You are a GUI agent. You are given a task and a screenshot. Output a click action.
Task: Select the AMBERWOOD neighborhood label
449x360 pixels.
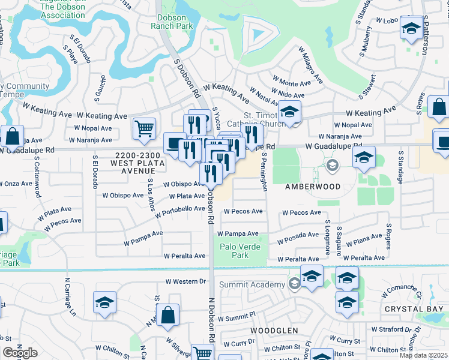(x=312, y=187)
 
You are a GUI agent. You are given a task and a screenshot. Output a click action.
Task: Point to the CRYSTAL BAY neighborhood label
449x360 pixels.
(x=413, y=309)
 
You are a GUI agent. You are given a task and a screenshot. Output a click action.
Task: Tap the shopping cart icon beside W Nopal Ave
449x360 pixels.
(x=144, y=128)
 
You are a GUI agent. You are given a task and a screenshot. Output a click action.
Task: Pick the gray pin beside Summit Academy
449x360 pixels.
(x=294, y=284)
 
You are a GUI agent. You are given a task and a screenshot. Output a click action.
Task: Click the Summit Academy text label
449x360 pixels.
(x=252, y=284)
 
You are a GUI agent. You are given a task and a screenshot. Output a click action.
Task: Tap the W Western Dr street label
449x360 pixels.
(x=185, y=281)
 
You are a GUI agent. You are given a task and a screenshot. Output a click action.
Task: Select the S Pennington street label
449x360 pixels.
(x=264, y=172)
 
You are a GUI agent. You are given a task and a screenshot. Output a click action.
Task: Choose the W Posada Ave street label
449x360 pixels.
(x=298, y=238)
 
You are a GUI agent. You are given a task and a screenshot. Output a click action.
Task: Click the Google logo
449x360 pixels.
(x=20, y=353)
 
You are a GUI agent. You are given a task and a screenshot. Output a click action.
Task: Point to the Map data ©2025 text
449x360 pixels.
(x=423, y=355)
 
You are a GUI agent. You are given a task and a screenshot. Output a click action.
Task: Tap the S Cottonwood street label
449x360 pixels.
(x=37, y=178)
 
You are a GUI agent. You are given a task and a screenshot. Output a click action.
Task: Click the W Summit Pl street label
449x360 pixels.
(x=237, y=317)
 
